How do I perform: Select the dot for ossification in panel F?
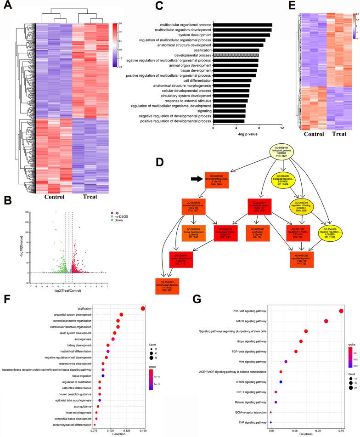(x=143, y=308)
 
